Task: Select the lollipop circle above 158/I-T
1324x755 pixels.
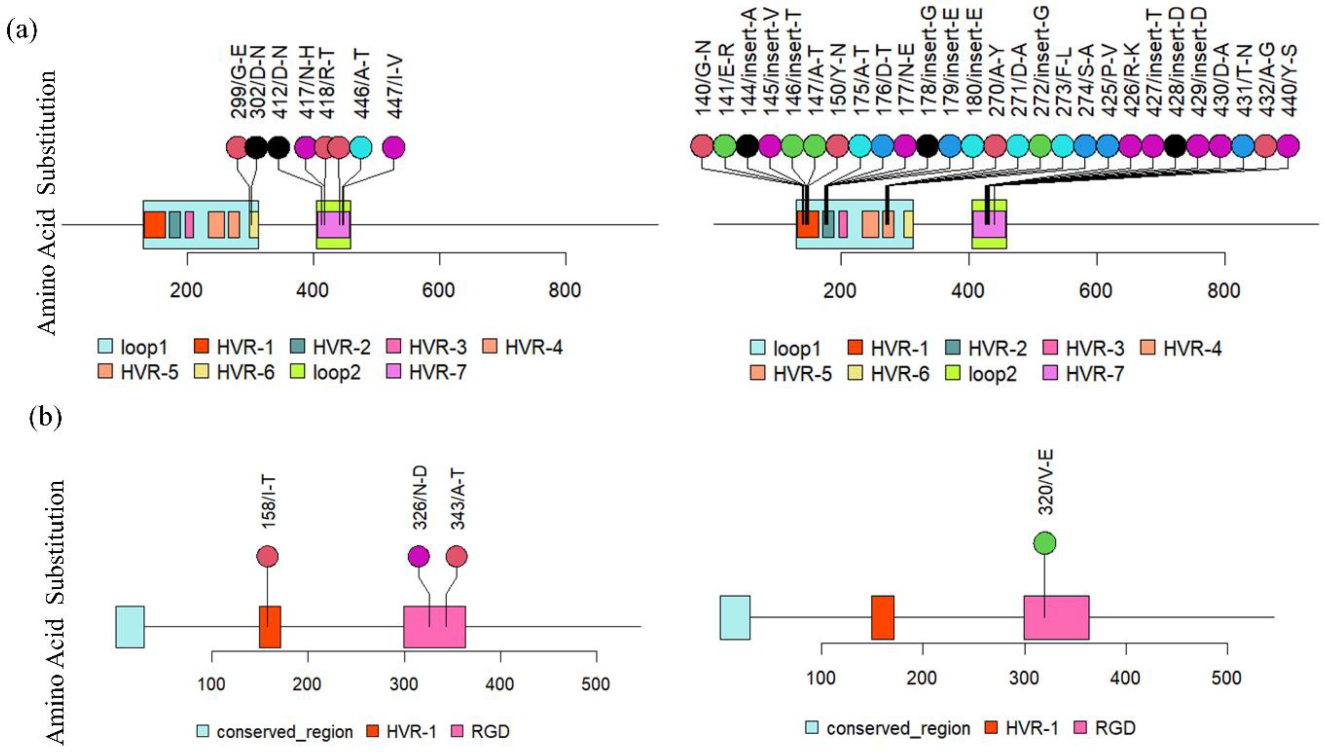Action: click(267, 557)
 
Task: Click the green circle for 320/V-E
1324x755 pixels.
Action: click(1044, 543)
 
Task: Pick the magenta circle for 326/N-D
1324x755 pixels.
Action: click(418, 557)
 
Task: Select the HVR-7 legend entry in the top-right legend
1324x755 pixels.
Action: click(1084, 373)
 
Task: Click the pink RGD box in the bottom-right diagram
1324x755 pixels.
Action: click(1056, 617)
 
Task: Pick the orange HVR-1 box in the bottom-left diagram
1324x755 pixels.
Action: click(270, 626)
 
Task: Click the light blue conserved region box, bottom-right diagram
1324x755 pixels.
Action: click(734, 617)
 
